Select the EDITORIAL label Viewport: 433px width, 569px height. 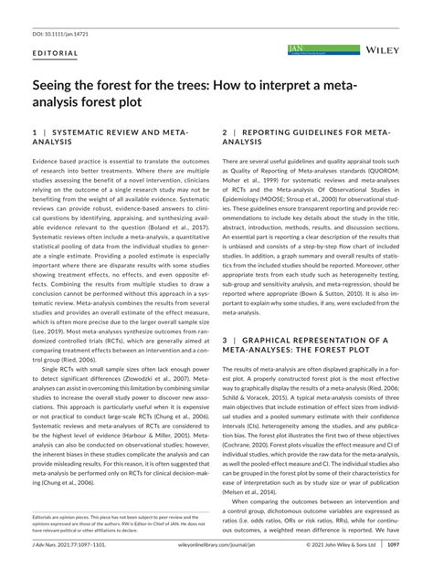55,53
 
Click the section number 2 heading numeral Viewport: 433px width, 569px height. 226,133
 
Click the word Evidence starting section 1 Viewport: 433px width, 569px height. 48,161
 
